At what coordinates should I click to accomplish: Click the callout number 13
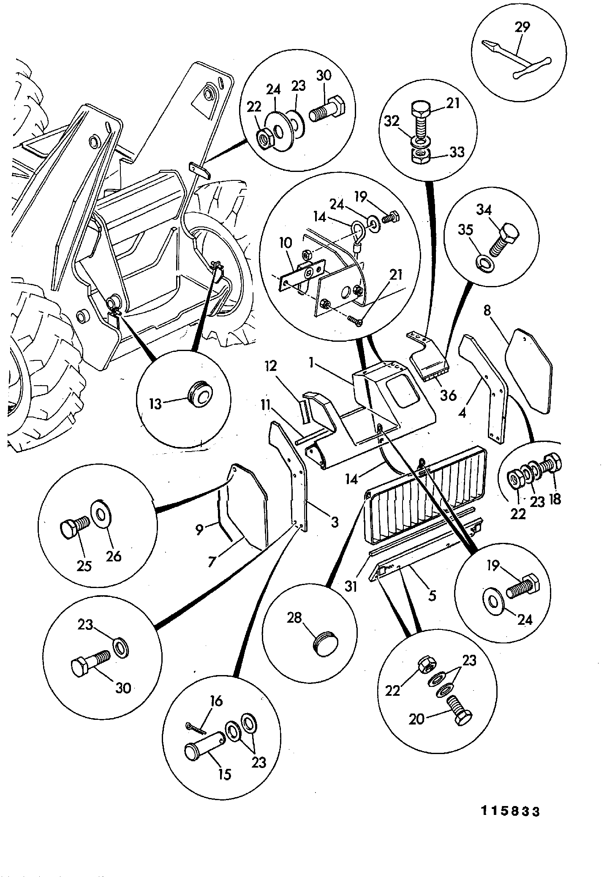[155, 404]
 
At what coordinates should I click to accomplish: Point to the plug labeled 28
[326, 646]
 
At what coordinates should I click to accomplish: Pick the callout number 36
[448, 395]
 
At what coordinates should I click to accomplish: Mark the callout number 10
[285, 243]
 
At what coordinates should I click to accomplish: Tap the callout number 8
[487, 310]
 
